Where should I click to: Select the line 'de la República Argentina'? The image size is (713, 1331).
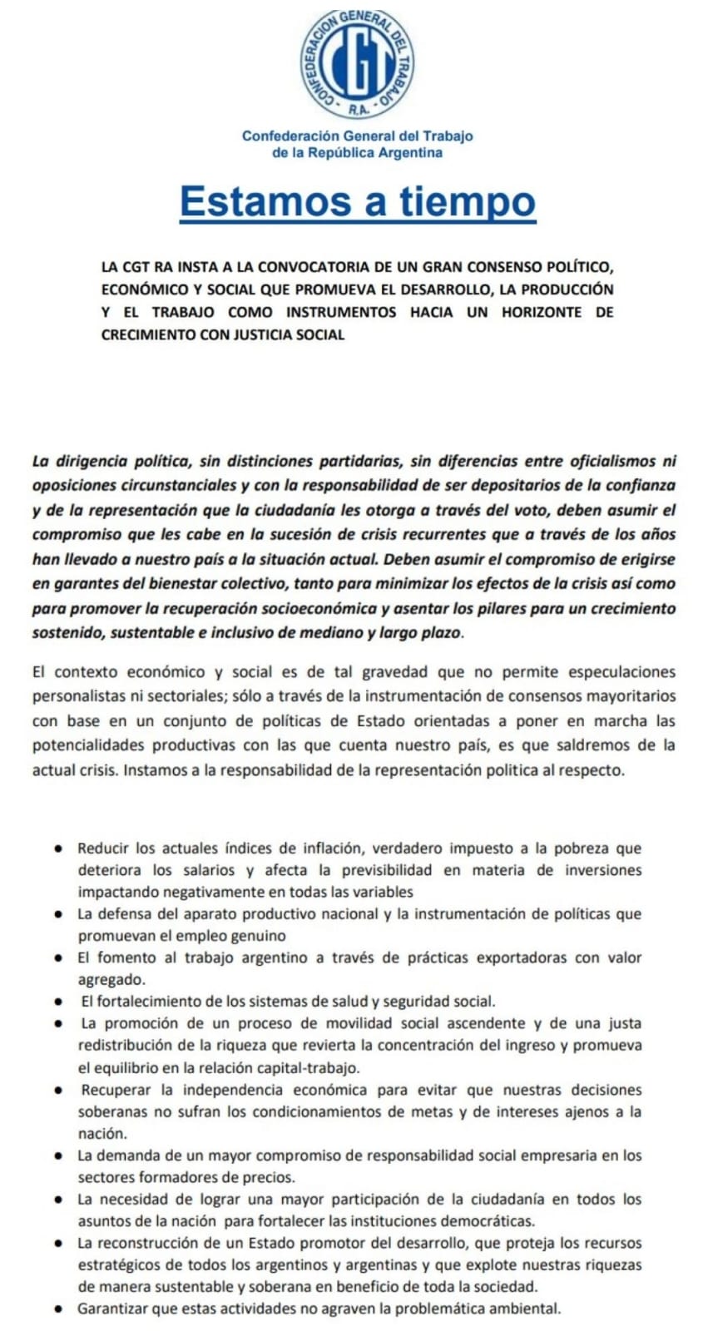pyautogui.click(x=357, y=153)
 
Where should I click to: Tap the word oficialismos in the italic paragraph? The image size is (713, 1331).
pyautogui.click(x=613, y=460)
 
